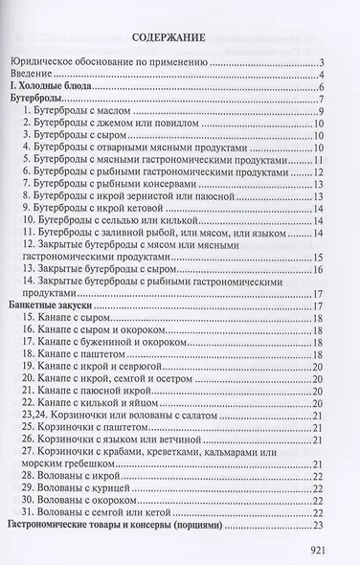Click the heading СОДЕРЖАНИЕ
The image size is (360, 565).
point(179,38)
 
